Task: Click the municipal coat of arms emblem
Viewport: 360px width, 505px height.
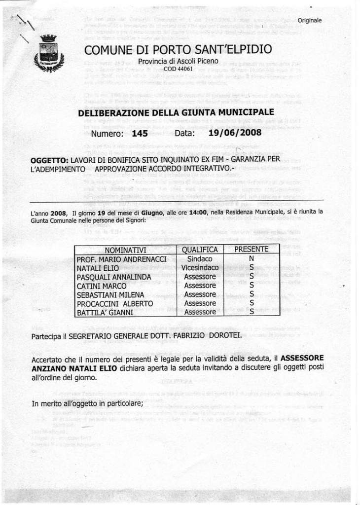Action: pyautogui.click(x=45, y=54)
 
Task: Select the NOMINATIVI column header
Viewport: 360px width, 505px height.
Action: pyautogui.click(x=125, y=250)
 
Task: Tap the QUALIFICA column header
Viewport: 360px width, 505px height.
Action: pyautogui.click(x=200, y=250)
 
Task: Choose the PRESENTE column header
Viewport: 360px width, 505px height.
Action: pyautogui.click(x=251, y=249)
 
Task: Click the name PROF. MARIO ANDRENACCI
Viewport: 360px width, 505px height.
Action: pyautogui.click(x=118, y=259)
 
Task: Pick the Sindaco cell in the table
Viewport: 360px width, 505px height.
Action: pyautogui.click(x=200, y=258)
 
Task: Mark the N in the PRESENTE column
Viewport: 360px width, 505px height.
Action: pyautogui.click(x=251, y=258)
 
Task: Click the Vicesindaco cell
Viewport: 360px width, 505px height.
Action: pyautogui.click(x=200, y=267)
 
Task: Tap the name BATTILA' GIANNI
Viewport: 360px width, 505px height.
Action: pyautogui.click(x=105, y=312)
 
